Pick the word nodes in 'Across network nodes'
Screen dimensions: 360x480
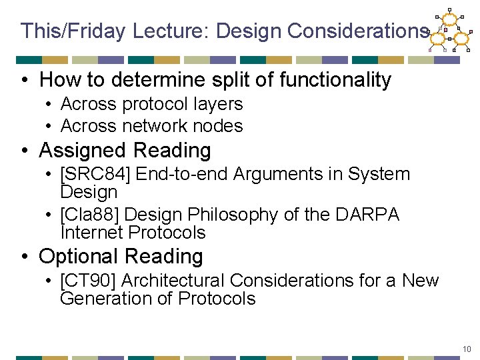[x=223, y=125]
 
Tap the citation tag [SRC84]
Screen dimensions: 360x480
[x=93, y=175]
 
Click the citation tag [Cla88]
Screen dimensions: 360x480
[x=89, y=215]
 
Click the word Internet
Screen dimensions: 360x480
[x=91, y=233]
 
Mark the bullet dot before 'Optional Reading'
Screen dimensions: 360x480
[x=25, y=257]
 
